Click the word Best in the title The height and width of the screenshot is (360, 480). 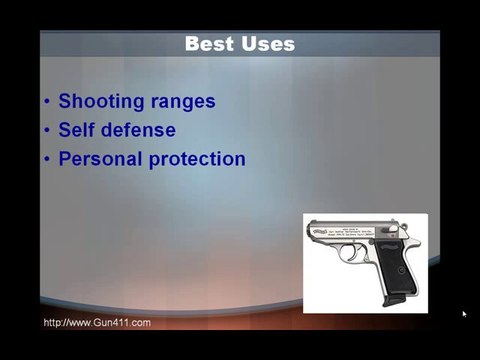pyautogui.click(x=209, y=44)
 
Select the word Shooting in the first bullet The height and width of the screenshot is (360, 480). pyautogui.click(x=104, y=101)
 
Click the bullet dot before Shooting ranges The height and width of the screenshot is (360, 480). pyautogui.click(x=48, y=102)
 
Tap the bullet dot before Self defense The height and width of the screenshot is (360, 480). pyautogui.click(x=48, y=131)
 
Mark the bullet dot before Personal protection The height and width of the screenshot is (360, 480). pyautogui.click(x=48, y=160)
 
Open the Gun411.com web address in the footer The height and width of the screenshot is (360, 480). pyautogui.click(x=97, y=322)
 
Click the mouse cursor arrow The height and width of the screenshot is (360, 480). pyautogui.click(x=464, y=314)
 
